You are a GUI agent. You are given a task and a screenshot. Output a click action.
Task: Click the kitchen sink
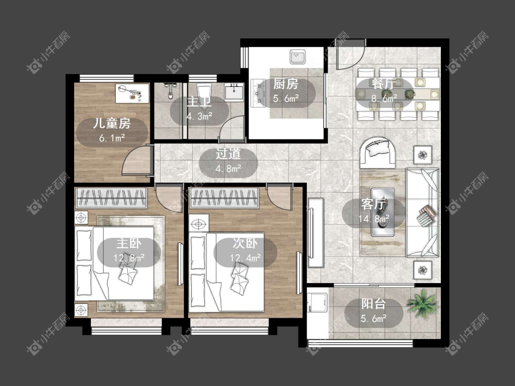298,57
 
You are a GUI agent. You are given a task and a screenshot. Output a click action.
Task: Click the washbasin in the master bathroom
234,91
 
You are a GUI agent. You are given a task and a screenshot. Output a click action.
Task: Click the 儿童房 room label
112,123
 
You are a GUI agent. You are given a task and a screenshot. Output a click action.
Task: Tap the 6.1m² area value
112,138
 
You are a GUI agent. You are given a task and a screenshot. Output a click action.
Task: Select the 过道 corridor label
228,154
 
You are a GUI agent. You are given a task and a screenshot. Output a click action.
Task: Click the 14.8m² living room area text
374,218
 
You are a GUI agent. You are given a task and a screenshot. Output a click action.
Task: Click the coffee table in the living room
383,212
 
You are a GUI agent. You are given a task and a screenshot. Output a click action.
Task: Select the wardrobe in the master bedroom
111,198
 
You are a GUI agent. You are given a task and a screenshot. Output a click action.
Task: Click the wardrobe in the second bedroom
224,198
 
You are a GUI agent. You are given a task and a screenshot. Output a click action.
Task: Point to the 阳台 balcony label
374,304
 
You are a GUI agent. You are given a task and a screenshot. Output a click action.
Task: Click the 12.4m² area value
245,258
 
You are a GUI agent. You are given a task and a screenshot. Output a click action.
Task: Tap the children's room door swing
137,161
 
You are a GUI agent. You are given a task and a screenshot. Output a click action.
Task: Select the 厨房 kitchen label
286,84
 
